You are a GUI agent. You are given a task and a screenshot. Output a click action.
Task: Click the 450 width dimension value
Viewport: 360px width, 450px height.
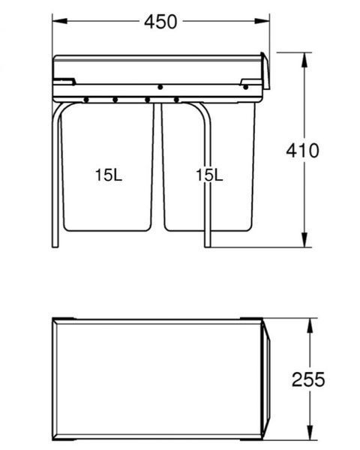click(x=160, y=22)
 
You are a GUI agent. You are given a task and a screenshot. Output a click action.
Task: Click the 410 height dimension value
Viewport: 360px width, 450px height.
click(x=302, y=151)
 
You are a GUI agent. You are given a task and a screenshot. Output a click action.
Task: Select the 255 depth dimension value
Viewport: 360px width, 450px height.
click(x=308, y=379)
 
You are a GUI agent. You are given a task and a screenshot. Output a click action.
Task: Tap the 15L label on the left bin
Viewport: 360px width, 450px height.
click(x=109, y=175)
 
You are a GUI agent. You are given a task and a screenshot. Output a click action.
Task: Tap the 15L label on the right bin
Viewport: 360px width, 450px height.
click(x=209, y=175)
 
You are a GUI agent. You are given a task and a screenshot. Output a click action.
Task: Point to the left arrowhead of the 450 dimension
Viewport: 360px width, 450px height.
click(x=60, y=21)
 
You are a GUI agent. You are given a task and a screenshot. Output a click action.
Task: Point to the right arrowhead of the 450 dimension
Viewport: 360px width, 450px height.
click(x=262, y=21)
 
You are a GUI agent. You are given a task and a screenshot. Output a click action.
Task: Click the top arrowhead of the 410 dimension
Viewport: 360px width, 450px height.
click(x=304, y=60)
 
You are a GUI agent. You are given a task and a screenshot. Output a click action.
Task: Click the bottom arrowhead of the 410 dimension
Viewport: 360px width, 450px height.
click(x=304, y=240)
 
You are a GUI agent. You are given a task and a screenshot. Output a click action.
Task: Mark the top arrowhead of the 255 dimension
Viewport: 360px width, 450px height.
click(x=310, y=325)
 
